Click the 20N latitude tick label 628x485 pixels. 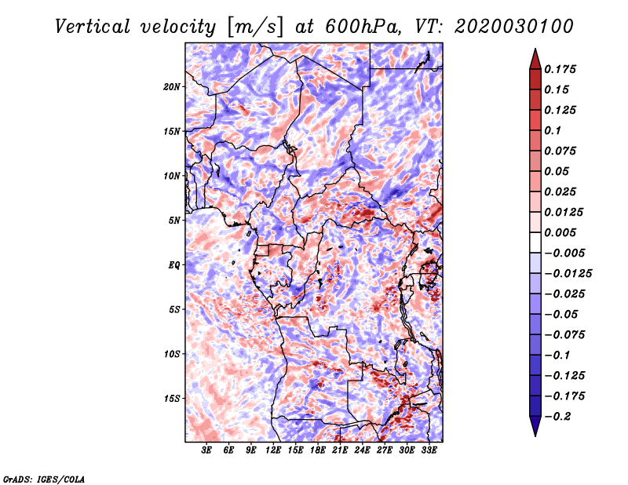click(172, 86)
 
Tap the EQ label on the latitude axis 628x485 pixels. click(174, 264)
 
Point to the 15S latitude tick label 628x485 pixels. click(172, 398)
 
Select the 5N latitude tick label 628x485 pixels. click(174, 220)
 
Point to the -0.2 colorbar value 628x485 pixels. click(561, 416)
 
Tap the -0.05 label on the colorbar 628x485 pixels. click(561, 314)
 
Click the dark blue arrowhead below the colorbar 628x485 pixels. click(535, 428)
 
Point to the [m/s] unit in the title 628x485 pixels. click(254, 27)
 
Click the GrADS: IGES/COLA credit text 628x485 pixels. click(44, 478)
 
